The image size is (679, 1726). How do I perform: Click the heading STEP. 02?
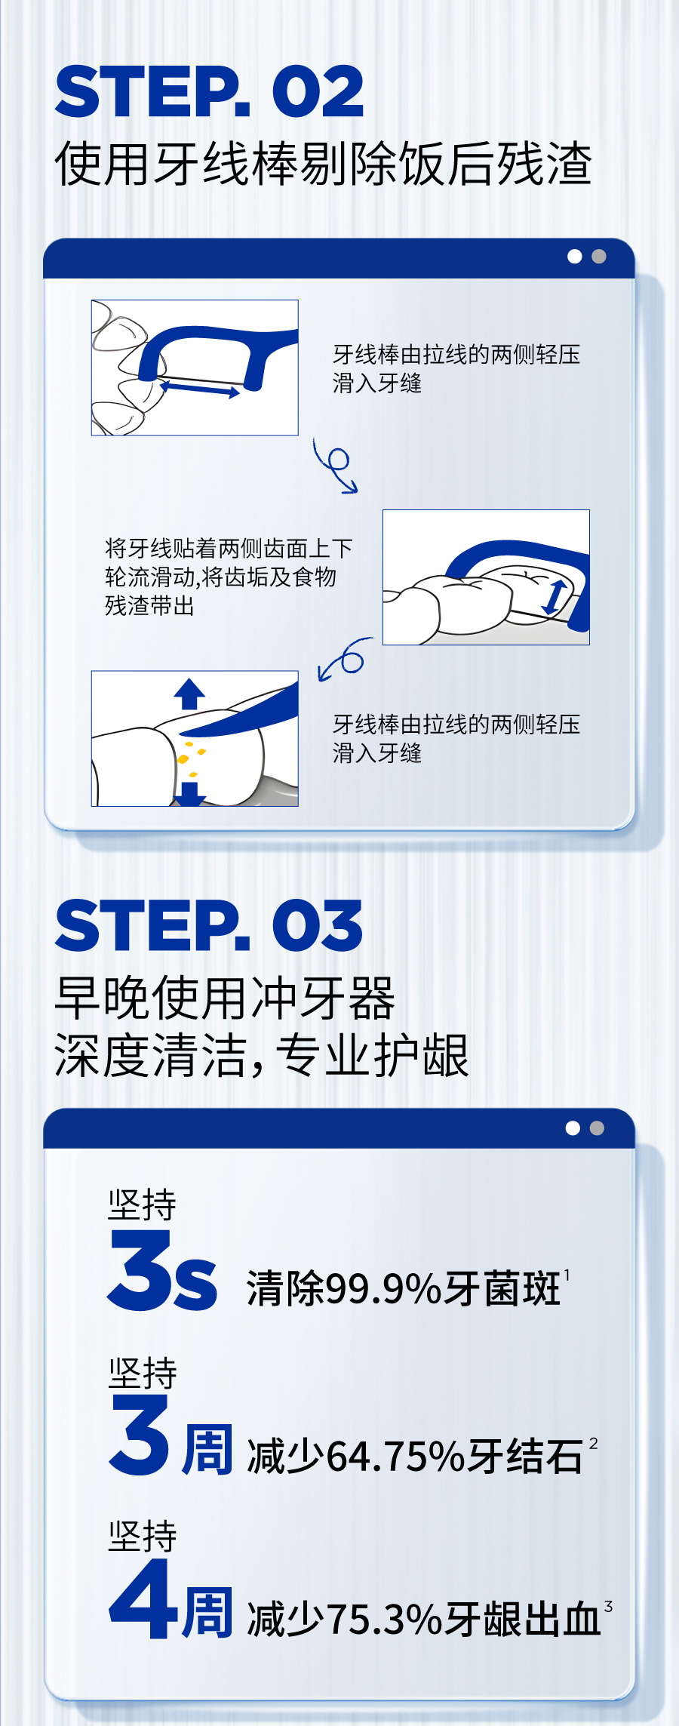[x=209, y=91]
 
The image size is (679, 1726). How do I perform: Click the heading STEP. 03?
[x=209, y=926]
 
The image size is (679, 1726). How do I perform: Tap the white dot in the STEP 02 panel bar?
[x=575, y=257]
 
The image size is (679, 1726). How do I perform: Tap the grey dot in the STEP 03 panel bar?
[x=597, y=1128]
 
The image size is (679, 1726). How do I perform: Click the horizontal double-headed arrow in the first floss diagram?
[x=199, y=389]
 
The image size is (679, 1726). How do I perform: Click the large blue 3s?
[x=163, y=1270]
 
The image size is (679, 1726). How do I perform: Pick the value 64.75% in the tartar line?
[x=396, y=1456]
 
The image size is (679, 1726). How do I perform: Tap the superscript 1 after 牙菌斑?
[x=567, y=1275]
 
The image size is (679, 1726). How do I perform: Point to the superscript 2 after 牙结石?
[x=594, y=1443]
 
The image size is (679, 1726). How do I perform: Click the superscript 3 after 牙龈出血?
[x=608, y=1607]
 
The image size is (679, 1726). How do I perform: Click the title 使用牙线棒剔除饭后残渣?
[x=324, y=163]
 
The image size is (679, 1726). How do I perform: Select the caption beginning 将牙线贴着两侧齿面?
[x=229, y=577]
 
